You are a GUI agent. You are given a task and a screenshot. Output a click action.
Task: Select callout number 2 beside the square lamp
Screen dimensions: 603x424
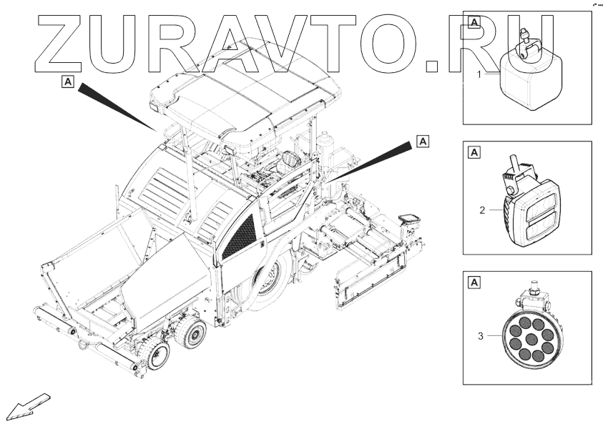coord(483,210)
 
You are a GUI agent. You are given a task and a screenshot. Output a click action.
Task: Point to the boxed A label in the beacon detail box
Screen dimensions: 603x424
coord(474,22)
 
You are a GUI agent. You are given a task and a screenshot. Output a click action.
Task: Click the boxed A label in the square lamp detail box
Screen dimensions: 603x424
coord(474,152)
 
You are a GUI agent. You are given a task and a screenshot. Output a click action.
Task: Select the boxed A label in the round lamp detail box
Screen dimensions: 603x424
coord(474,282)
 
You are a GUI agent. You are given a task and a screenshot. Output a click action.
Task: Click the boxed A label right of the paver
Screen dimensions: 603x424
coord(422,141)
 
